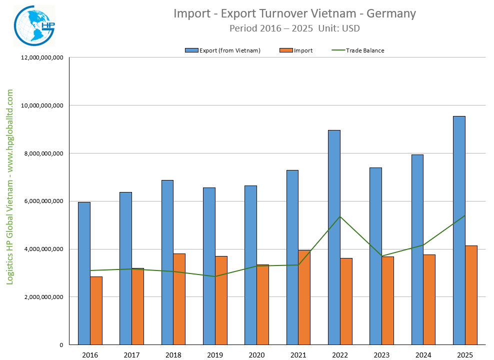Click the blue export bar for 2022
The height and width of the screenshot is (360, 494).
334,237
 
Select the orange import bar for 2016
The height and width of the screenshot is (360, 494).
96,310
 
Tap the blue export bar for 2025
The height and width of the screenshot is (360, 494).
459,230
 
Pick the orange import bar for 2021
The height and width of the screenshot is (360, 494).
304,297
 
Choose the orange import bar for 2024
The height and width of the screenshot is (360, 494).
429,299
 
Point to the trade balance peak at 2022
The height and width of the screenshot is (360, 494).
340,216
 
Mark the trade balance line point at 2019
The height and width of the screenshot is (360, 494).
215,276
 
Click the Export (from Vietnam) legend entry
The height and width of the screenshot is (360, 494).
222,50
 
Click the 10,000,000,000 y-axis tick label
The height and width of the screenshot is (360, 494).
41,105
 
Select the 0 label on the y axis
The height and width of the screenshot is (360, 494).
60,345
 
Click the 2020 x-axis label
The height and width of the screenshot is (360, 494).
256,355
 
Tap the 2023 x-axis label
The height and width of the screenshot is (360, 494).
381,355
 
